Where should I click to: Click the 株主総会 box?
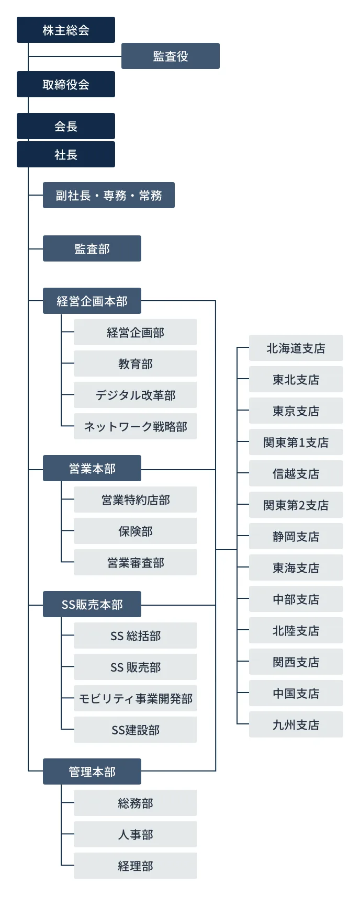66,30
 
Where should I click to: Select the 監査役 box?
171,56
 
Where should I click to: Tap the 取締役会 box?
66,84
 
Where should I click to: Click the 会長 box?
66,126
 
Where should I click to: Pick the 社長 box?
66,154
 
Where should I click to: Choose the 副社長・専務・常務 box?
109,195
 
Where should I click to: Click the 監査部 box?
92,248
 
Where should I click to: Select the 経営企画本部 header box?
92,301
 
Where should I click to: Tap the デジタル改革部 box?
135,395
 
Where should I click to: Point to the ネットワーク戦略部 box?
135,426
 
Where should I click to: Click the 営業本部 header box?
92,468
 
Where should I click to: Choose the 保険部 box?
135,531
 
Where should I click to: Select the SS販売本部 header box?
92,604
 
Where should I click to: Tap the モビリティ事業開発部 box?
135,698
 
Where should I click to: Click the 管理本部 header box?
92,771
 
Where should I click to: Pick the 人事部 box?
135,834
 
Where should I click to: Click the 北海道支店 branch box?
296,348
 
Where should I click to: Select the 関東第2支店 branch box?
296,505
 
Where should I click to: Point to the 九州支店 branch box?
296,724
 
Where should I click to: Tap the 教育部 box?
135,364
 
